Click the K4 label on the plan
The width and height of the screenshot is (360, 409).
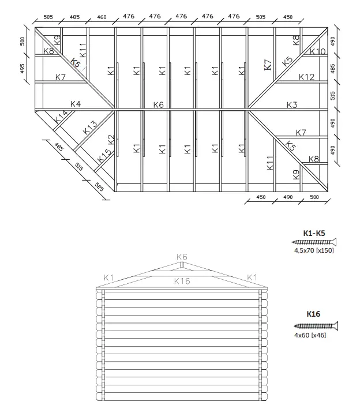(75, 104)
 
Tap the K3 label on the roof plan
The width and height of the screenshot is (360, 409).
(292, 104)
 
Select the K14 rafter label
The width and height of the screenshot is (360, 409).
(61, 118)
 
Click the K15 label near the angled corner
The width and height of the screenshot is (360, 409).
(104, 155)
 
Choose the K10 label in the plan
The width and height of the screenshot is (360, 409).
(318, 51)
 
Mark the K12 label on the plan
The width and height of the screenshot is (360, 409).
(307, 77)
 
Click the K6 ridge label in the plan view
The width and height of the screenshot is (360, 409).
(159, 104)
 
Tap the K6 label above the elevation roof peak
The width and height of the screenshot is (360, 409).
(182, 257)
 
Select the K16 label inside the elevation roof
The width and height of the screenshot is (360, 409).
(182, 281)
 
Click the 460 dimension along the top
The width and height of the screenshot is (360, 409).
(102, 17)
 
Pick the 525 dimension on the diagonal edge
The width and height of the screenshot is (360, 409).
(99, 187)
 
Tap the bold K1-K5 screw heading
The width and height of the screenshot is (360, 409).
(314, 233)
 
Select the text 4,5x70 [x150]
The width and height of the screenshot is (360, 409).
(314, 250)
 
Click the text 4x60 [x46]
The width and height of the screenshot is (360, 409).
(310, 335)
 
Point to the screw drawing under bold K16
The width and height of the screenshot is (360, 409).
(316, 326)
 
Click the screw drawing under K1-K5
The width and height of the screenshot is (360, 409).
(314, 242)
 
